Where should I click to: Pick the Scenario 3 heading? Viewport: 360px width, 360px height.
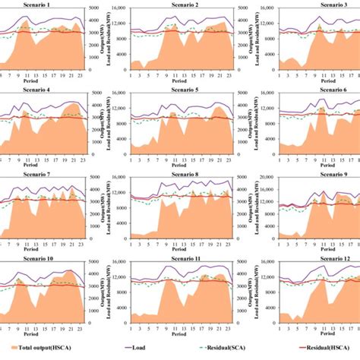(315, 5)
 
